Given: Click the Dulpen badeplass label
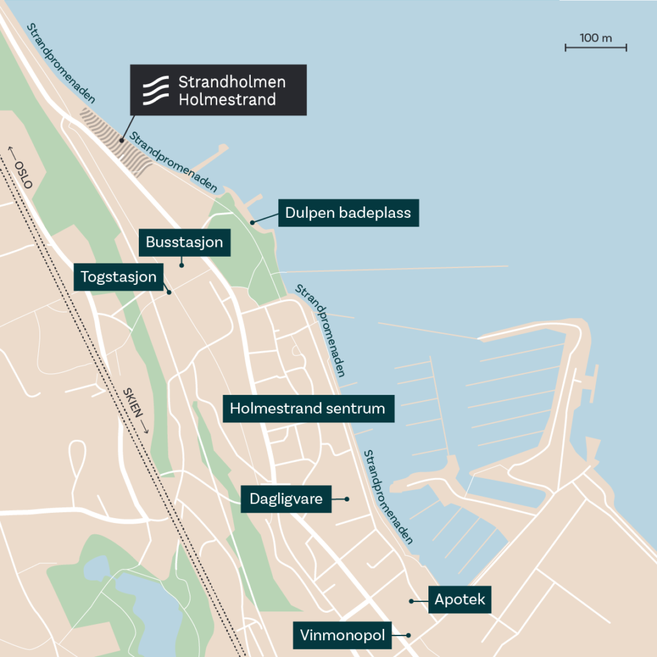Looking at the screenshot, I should click(348, 213).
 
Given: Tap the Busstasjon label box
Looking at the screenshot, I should click(184, 242).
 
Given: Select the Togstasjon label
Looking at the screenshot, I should click(119, 277).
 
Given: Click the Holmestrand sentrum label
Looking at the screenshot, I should click(308, 408).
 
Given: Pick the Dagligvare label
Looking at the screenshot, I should click(286, 499).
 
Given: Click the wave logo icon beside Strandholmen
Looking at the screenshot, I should click(155, 91).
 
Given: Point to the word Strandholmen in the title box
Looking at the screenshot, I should click(232, 82).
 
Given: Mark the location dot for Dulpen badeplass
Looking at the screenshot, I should click(253, 222).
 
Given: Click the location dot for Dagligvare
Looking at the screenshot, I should click(347, 499).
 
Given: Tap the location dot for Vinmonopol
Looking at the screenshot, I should click(408, 635).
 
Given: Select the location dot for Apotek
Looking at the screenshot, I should click(411, 601).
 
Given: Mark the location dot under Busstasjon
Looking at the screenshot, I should click(182, 265).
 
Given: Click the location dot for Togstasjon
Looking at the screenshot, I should click(169, 292).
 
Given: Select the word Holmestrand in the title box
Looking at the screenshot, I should click(227, 100).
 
